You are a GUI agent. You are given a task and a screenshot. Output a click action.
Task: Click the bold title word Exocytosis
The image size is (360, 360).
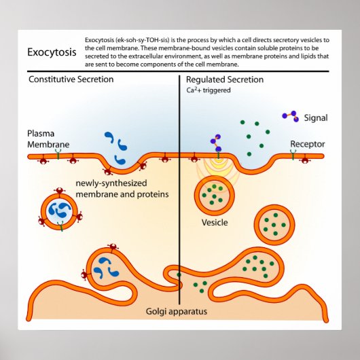coord(51,52)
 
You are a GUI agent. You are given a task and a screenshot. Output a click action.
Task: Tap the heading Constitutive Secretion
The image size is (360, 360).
coord(71,79)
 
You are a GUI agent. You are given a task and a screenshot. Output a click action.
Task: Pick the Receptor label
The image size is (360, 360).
coord(307,144)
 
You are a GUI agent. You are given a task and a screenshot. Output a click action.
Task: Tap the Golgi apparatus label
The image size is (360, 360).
coord(179,312)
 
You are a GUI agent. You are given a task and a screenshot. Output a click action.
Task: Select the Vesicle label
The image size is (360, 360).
coord(215,222)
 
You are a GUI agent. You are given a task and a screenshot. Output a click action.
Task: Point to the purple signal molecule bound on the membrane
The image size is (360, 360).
coord(217,143)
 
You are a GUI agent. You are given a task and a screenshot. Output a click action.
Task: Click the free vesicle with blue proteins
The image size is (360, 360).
coord(60,210)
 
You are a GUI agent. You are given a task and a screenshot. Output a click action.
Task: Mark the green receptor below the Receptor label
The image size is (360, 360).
coord(293,156)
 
